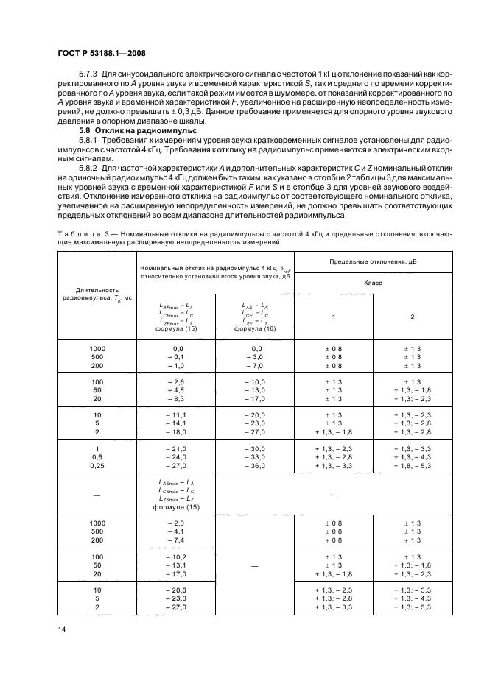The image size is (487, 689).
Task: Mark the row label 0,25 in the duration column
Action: click(97, 465)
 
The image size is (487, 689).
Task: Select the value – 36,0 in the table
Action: click(254, 465)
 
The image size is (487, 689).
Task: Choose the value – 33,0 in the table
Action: click(254, 457)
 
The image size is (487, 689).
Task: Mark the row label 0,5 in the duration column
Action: click(97, 457)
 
